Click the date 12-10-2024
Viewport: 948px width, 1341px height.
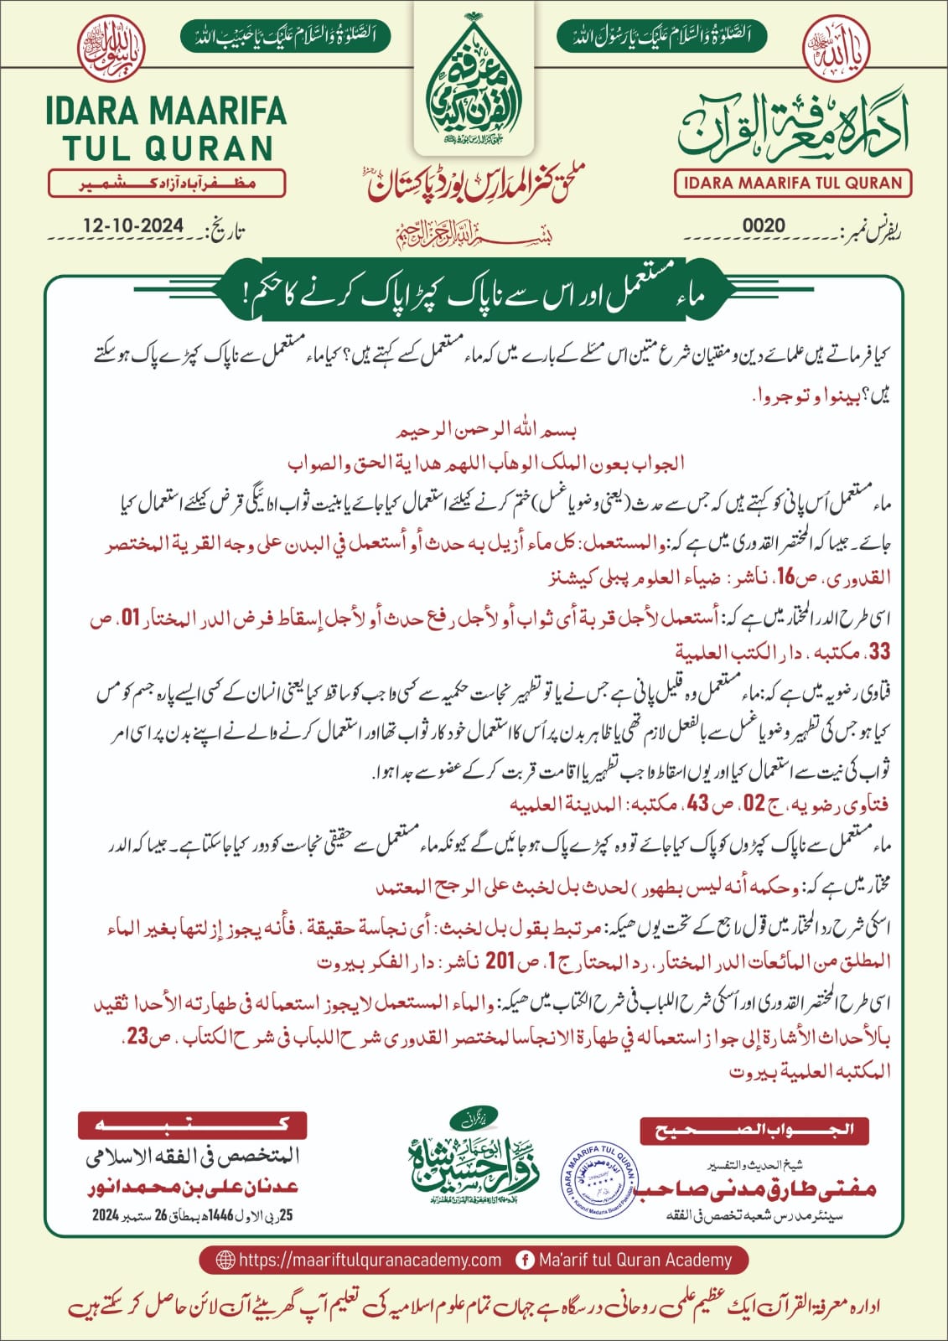pyautogui.click(x=133, y=226)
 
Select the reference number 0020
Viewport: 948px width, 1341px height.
pyautogui.click(x=764, y=225)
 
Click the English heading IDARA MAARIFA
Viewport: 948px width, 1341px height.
pyautogui.click(x=166, y=112)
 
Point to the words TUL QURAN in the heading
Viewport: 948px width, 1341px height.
pyautogui.click(x=168, y=148)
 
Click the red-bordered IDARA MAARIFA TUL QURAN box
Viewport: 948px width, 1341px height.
pyautogui.click(x=793, y=183)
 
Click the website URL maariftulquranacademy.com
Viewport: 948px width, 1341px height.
pyautogui.click(x=370, y=1260)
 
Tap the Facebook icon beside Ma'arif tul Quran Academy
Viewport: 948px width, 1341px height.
pyautogui.click(x=526, y=1260)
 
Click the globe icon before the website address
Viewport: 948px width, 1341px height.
pyautogui.click(x=225, y=1260)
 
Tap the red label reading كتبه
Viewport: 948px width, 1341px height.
pyautogui.click(x=193, y=1126)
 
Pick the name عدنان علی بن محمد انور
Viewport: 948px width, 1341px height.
pyautogui.click(x=192, y=1188)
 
